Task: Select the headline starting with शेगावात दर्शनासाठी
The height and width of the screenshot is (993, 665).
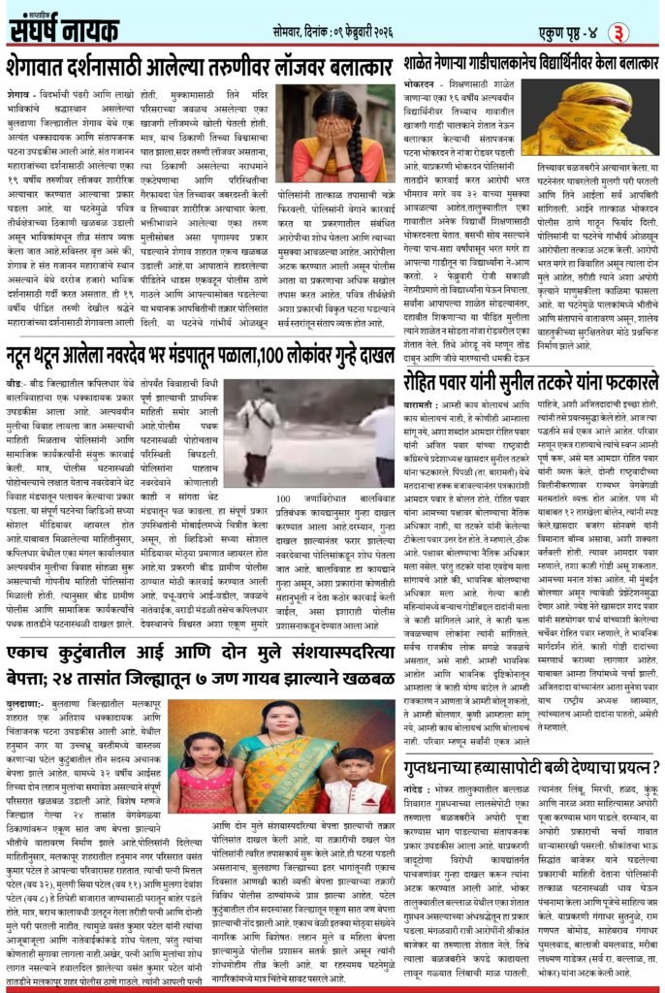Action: point(200,69)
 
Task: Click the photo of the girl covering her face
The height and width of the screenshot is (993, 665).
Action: point(333,133)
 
